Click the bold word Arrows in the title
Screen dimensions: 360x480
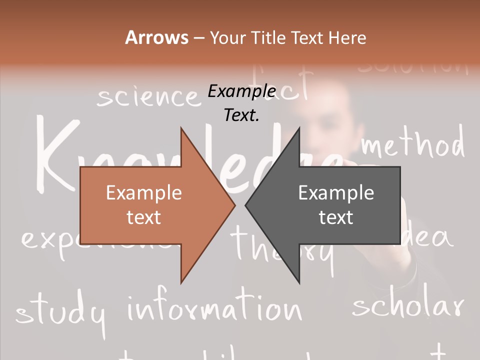(157, 37)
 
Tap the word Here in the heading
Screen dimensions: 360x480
(347, 38)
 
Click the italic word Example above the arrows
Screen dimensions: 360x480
(241, 91)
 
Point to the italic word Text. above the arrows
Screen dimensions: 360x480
(241, 115)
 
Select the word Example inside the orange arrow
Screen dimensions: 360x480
(144, 193)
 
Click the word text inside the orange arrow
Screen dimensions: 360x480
(144, 217)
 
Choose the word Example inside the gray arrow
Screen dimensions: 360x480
(336, 193)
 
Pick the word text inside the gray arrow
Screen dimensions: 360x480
(336, 217)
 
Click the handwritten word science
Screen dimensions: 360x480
(147, 96)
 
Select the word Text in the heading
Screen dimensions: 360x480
(308, 38)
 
